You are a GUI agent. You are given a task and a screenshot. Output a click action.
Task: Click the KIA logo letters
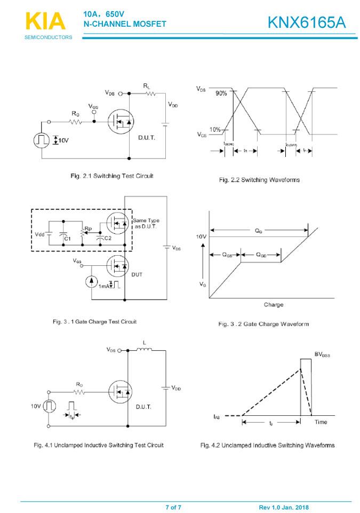(x=45, y=22)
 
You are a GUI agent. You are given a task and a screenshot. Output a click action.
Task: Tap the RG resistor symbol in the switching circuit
(x=75, y=122)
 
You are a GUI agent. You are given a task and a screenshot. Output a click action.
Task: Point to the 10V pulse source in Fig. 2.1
(x=41, y=140)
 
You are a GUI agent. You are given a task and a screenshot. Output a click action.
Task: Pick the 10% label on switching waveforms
(x=215, y=130)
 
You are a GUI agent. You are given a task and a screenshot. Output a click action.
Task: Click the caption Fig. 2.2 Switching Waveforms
(x=259, y=180)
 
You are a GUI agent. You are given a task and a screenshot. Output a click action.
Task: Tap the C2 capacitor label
(x=107, y=238)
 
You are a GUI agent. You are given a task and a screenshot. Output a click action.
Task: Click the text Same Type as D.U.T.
(x=146, y=224)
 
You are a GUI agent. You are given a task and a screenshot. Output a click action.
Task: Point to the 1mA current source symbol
(x=92, y=281)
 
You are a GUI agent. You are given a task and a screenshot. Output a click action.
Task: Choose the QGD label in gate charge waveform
(x=262, y=255)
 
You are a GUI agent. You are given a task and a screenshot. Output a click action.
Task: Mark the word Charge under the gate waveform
(x=273, y=305)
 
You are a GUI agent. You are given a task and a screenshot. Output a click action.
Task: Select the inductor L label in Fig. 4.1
(x=143, y=342)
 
